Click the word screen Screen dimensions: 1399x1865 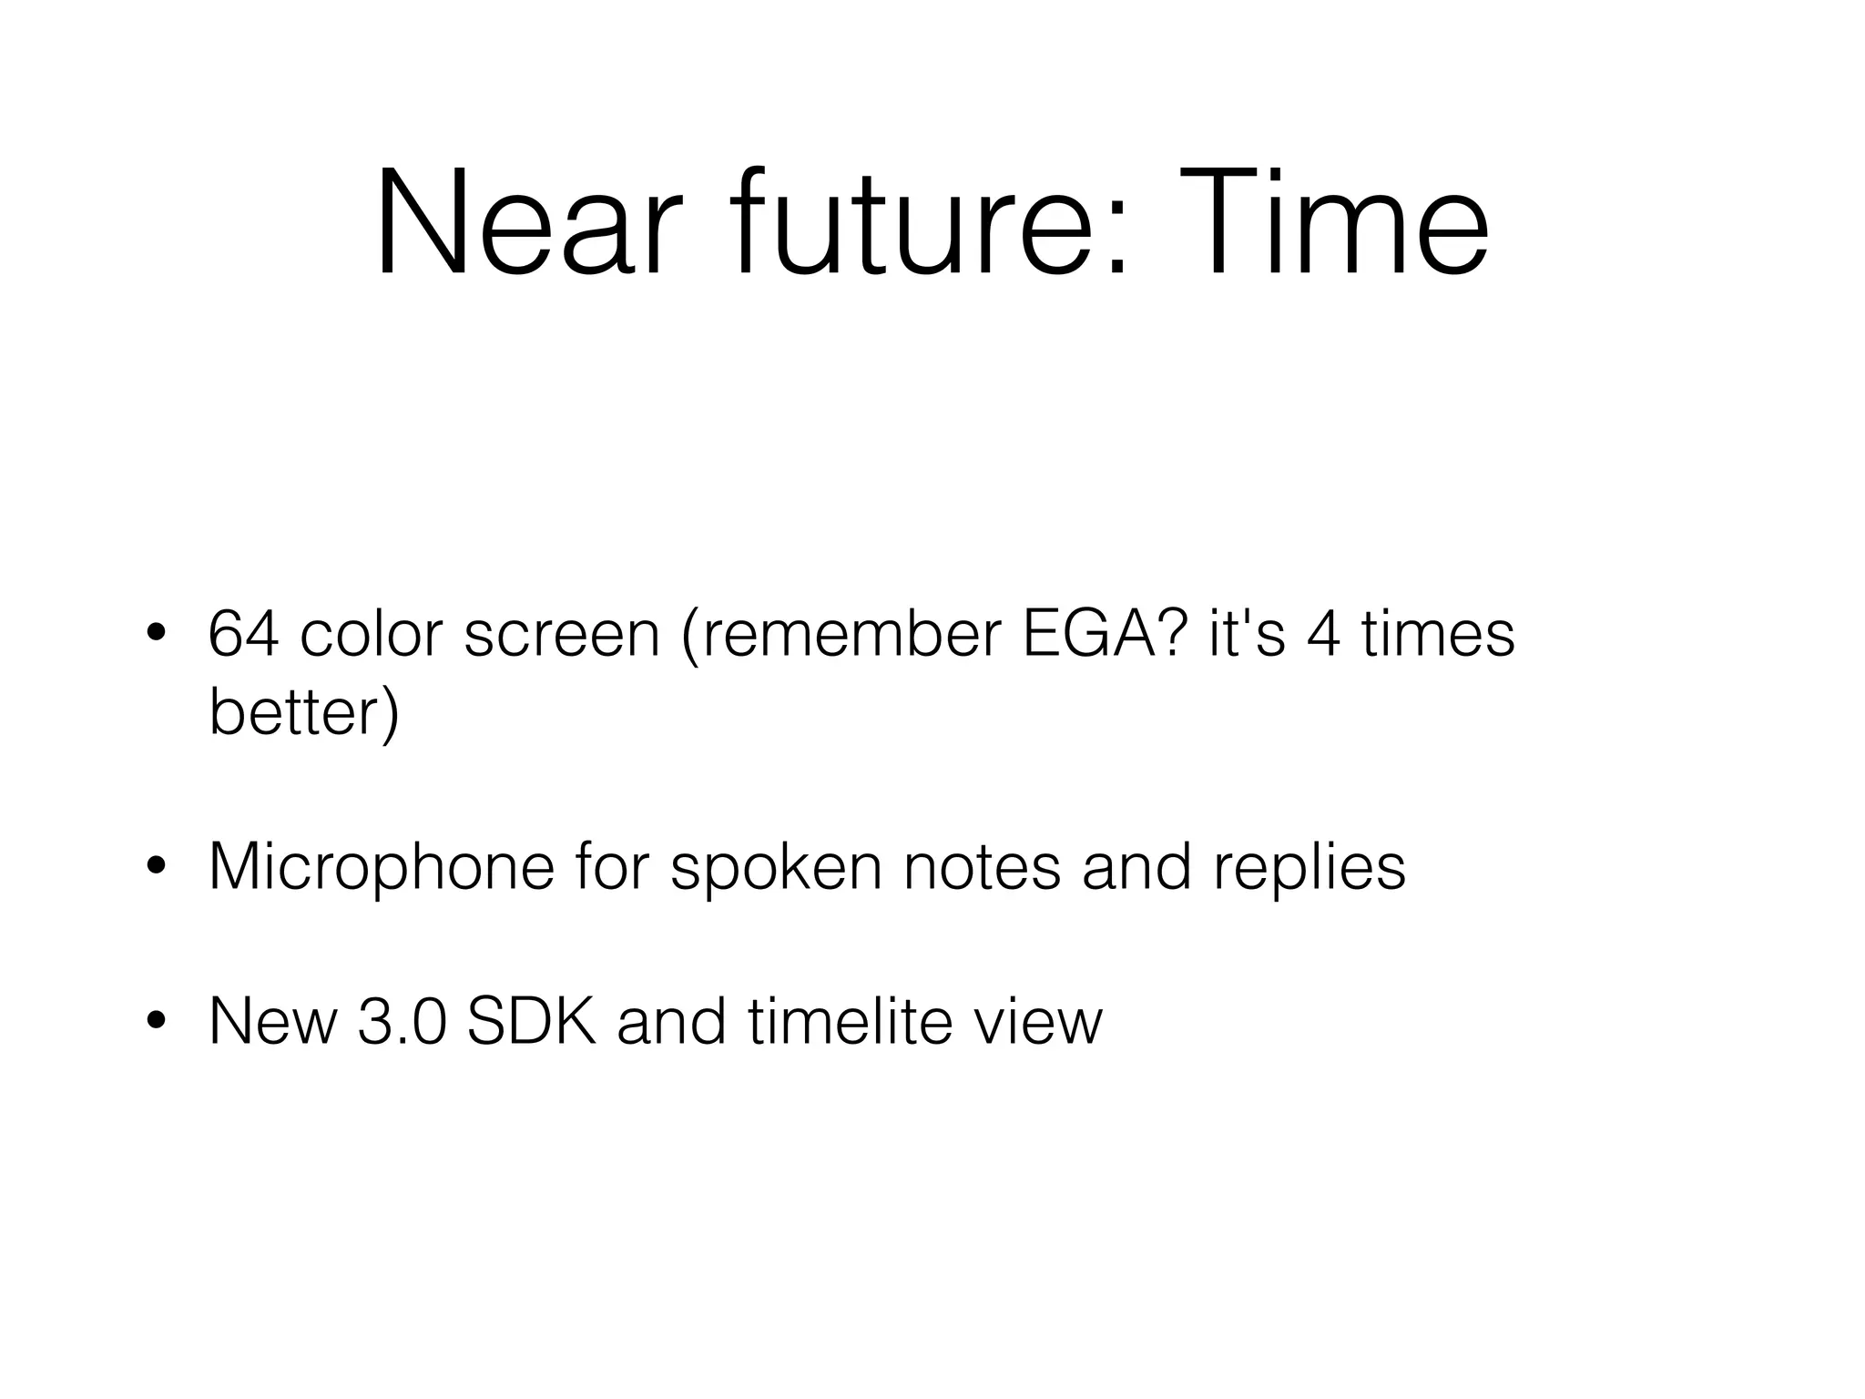(561, 636)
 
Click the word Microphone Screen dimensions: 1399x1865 (382, 867)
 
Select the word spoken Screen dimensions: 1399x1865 (776, 867)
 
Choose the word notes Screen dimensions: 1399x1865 (982, 867)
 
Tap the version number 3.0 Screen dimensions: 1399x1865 (402, 1021)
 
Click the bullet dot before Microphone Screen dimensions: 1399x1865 (157, 868)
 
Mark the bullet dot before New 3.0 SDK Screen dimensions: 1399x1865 (157, 1022)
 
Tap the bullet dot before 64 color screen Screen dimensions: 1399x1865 (157, 635)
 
